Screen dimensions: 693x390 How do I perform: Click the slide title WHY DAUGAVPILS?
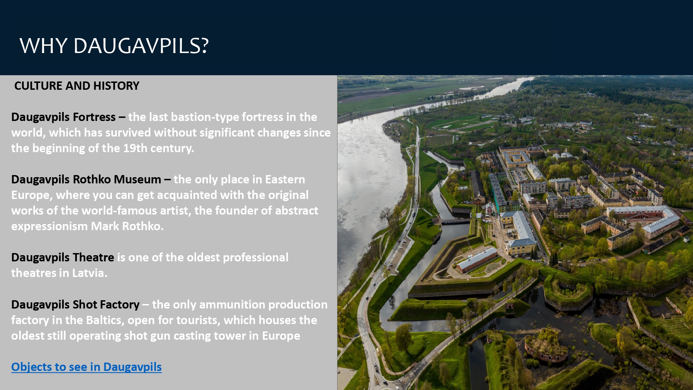114,46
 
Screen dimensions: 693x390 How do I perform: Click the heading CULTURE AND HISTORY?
77,86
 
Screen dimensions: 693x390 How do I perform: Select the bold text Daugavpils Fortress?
63,117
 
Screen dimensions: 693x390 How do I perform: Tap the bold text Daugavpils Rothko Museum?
86,180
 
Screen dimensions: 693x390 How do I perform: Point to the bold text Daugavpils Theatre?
63,258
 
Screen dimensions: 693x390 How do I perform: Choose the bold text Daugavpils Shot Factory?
75,304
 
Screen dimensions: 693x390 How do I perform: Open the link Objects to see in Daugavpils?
87,367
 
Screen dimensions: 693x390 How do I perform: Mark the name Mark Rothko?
127,226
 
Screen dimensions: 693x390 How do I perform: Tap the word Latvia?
90,273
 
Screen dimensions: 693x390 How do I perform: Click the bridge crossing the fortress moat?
455,221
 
